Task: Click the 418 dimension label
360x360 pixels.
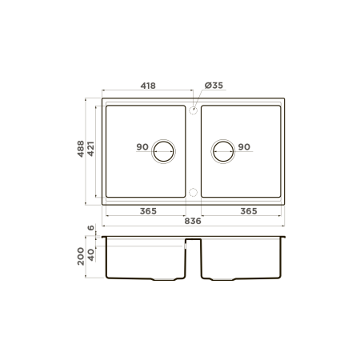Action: (x=148, y=86)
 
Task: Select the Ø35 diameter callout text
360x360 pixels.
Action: (x=214, y=86)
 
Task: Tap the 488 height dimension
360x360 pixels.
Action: (x=81, y=149)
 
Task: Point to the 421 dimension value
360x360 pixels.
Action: (x=90, y=149)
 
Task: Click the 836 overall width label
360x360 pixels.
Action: (x=193, y=221)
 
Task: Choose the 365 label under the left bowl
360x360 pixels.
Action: (x=148, y=211)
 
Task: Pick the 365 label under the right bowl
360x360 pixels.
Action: (x=249, y=211)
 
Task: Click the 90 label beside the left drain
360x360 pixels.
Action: (x=142, y=146)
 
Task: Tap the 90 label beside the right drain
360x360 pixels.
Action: (x=244, y=146)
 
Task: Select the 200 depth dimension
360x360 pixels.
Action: (x=81, y=256)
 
